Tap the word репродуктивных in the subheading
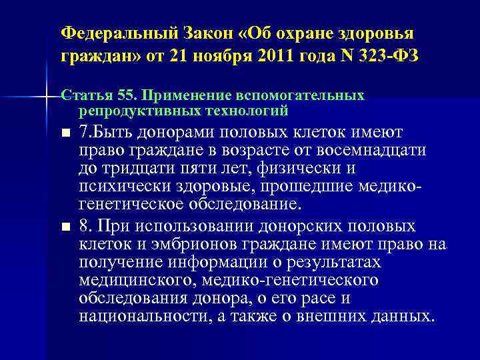tap(129, 108)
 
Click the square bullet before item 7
tap(65, 134)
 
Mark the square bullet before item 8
tap(65, 227)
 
